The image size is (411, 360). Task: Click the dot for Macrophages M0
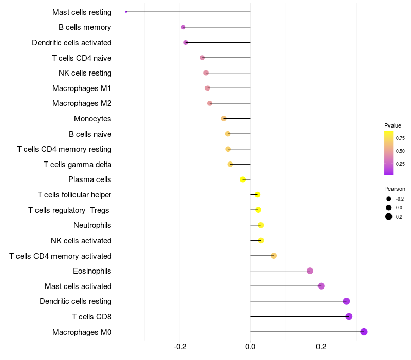[364, 332]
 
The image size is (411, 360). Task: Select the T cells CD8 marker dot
[349, 316]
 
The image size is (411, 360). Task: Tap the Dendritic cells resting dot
[346, 301]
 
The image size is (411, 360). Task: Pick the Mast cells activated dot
[321, 286]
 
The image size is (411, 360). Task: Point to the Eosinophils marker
[310, 271]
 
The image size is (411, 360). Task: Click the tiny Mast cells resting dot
[126, 12]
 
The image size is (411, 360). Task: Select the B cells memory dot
[183, 27]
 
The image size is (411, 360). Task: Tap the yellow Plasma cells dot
[243, 179]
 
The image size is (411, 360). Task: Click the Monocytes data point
[223, 118]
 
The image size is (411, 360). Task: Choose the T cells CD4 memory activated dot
[274, 256]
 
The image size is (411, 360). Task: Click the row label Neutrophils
[92, 225]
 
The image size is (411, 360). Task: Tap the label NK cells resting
[85, 73]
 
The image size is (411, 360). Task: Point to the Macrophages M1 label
[82, 88]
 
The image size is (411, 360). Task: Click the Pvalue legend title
[393, 125]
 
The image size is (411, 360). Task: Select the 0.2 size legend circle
[389, 217]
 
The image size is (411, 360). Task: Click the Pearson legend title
[395, 189]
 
